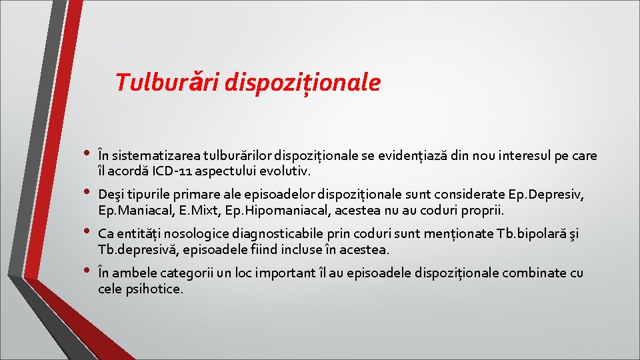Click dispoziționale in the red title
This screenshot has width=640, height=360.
pyautogui.click(x=303, y=83)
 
